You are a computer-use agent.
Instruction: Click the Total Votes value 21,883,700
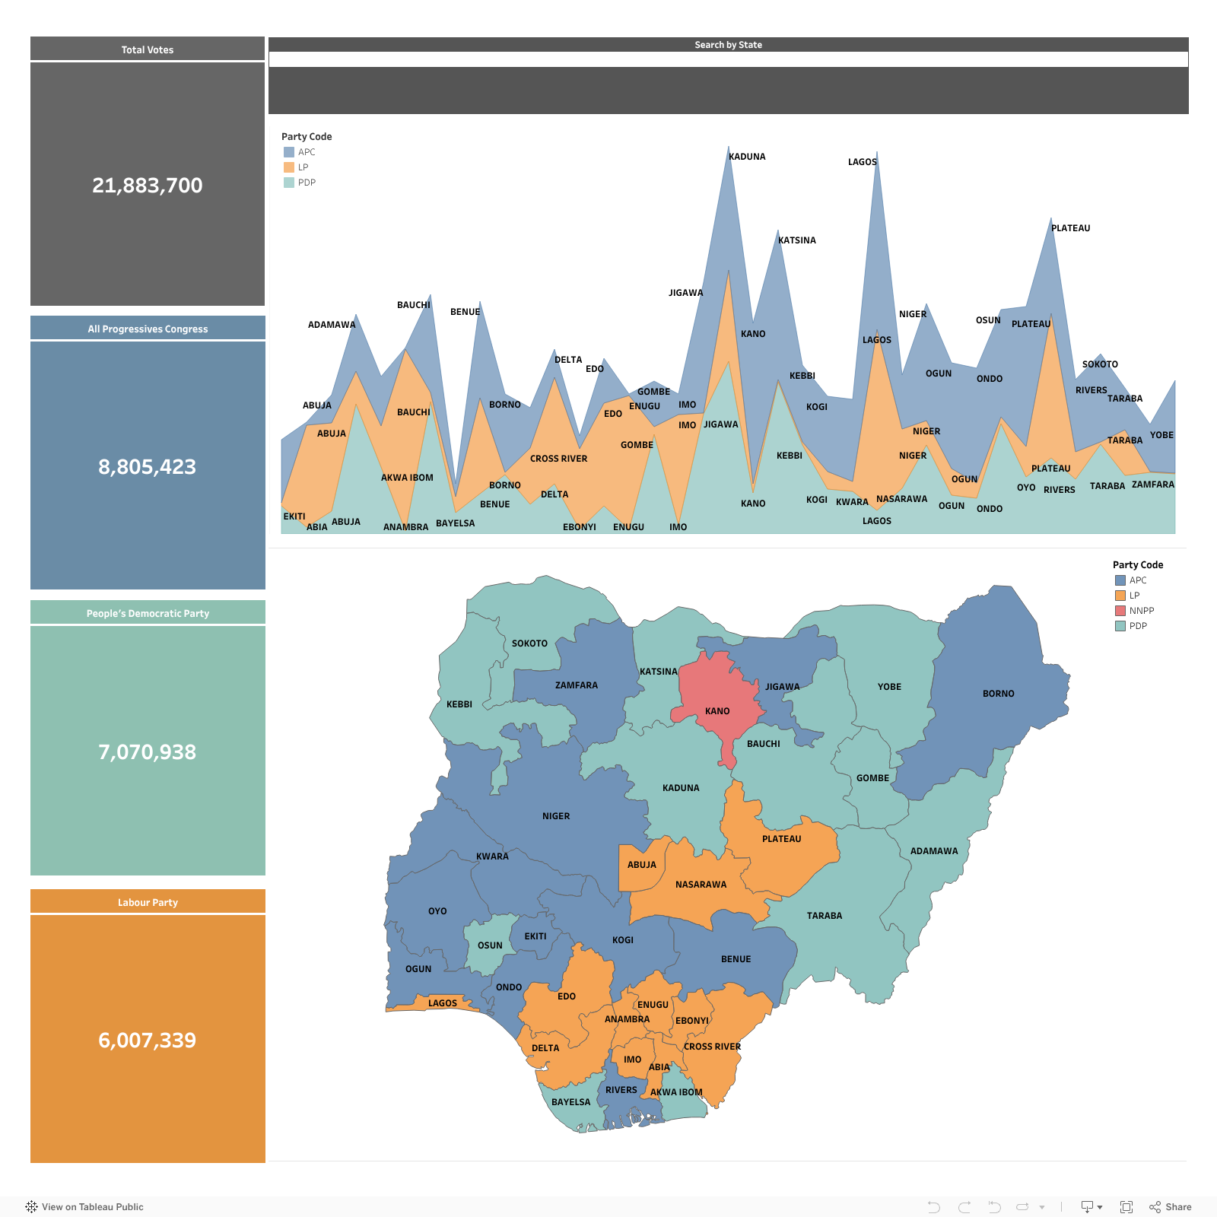(148, 186)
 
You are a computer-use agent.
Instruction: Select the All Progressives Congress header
(148, 329)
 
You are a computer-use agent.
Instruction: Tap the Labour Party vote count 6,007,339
(148, 1040)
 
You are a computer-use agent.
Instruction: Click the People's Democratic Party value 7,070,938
(148, 751)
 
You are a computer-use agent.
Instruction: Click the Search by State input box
(728, 59)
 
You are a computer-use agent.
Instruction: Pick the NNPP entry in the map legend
(1141, 611)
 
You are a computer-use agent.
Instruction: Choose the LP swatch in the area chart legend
(289, 167)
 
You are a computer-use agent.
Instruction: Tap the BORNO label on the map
(998, 694)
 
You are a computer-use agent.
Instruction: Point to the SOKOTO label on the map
(529, 643)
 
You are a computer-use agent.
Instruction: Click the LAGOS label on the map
(443, 1003)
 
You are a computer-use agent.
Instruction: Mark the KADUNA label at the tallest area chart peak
(747, 157)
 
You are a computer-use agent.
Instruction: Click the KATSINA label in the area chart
(796, 240)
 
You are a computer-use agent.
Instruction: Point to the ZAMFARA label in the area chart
(1152, 485)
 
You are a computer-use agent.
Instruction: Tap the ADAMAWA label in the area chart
(332, 325)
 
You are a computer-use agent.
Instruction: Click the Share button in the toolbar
(1171, 1206)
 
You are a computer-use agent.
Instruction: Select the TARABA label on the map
(825, 916)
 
